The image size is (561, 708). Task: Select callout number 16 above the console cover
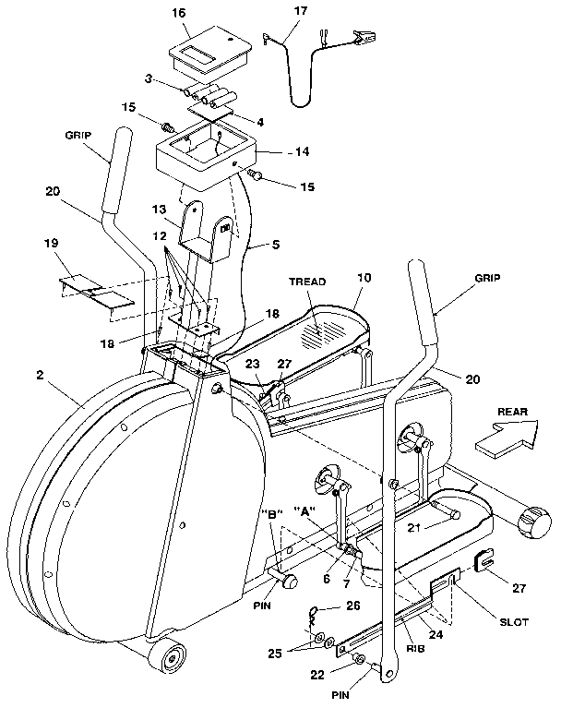coord(179,14)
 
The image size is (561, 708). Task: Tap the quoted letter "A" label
coord(306,510)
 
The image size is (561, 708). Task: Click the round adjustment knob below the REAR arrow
coord(533,523)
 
